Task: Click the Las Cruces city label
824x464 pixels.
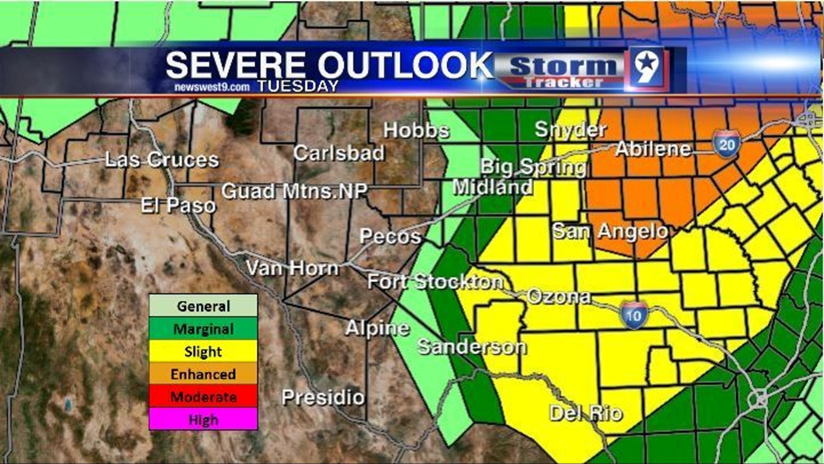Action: pyautogui.click(x=162, y=160)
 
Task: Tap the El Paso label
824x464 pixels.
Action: pyautogui.click(x=178, y=206)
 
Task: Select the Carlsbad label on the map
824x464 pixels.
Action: pyautogui.click(x=339, y=153)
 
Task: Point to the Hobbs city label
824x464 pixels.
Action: pyautogui.click(x=416, y=130)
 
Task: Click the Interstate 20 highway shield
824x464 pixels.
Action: pyautogui.click(x=727, y=145)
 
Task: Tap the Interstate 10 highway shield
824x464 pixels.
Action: pyautogui.click(x=633, y=315)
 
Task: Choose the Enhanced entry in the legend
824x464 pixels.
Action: pyautogui.click(x=203, y=374)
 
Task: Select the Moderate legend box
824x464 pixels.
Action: pyautogui.click(x=203, y=397)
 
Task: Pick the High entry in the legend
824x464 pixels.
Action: pyautogui.click(x=203, y=419)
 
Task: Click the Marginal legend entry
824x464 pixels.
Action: pyautogui.click(x=203, y=329)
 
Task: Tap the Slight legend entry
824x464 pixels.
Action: pyautogui.click(x=203, y=352)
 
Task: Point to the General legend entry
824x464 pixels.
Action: pyautogui.click(x=203, y=306)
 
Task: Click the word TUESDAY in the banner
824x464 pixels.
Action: pyautogui.click(x=298, y=86)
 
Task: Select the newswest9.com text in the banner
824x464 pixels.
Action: pyautogui.click(x=212, y=87)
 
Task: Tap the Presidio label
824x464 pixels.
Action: pyautogui.click(x=323, y=397)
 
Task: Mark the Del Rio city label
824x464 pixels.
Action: pyautogui.click(x=586, y=414)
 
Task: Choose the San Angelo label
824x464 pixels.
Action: pyautogui.click(x=610, y=232)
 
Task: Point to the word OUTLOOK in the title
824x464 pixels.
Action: pyautogui.click(x=405, y=65)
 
